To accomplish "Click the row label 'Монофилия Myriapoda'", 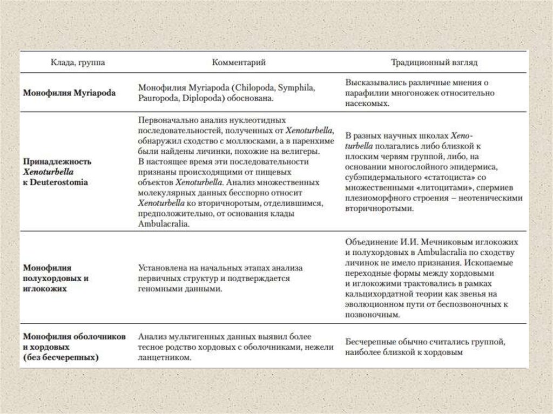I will [69, 93].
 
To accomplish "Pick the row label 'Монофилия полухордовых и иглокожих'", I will [56, 278].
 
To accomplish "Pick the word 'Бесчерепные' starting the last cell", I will [370, 342].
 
